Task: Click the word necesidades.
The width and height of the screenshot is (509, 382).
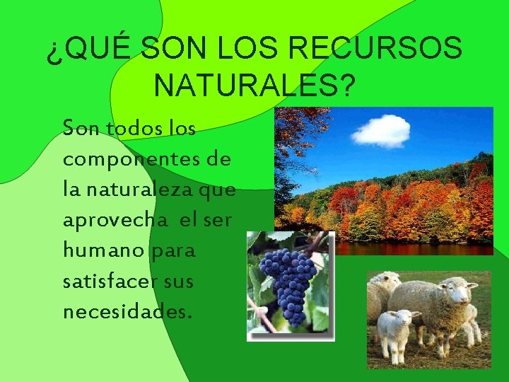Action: click(x=127, y=311)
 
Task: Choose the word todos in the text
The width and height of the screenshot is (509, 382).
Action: click(x=134, y=129)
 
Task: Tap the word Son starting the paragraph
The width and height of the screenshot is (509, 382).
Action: click(x=80, y=129)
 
